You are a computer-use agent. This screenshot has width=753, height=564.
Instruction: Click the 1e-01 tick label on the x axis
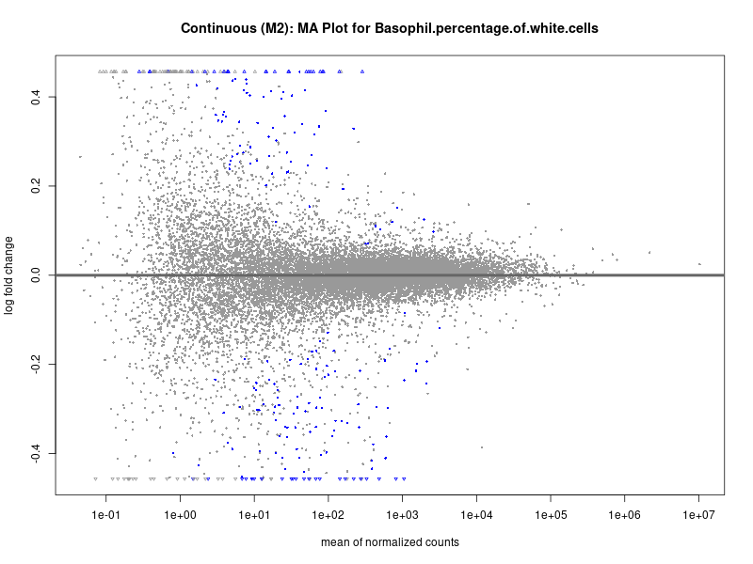point(105,516)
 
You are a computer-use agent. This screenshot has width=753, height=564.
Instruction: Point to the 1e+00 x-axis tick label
point(180,516)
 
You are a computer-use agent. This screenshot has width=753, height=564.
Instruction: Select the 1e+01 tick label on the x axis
point(254,516)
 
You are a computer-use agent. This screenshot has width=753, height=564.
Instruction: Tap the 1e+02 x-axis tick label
point(328,516)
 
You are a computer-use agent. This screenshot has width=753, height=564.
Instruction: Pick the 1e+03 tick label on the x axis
point(402,516)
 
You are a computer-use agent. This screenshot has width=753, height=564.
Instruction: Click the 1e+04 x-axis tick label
point(476,516)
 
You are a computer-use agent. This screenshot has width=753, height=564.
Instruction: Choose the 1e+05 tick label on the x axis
point(551,516)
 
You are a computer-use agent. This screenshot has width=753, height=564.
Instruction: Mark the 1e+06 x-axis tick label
point(625,516)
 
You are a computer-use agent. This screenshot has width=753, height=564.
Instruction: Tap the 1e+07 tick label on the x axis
point(699,516)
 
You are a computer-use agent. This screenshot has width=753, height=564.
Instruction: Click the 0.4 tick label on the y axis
point(35,96)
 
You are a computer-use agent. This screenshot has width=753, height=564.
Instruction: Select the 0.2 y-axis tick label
point(35,185)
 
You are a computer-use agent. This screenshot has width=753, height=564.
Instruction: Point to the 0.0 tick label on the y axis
point(35,274)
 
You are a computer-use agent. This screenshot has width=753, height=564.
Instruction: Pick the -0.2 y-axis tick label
point(35,364)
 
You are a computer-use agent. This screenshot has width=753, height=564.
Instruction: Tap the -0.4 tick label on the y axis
point(35,453)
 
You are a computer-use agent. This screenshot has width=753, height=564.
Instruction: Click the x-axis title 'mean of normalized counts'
point(390,542)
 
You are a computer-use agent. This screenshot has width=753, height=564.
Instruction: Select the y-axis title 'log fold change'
point(9,274)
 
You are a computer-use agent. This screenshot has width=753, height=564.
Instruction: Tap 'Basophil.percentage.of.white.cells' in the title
point(486,29)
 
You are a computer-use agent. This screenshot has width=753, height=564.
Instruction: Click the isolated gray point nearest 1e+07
point(699,264)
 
